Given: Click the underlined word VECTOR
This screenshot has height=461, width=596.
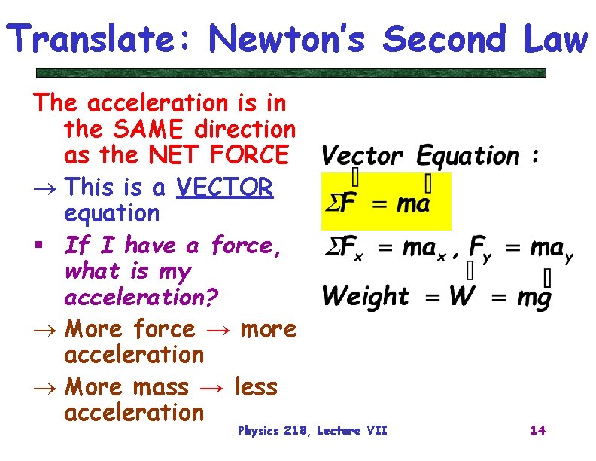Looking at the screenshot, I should (224, 187).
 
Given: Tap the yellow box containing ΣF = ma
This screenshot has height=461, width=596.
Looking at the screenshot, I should (385, 200).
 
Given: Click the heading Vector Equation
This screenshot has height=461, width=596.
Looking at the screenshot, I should (420, 156).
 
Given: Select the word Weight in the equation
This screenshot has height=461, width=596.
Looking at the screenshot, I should (366, 296).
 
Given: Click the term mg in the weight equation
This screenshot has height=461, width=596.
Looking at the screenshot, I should (534, 297).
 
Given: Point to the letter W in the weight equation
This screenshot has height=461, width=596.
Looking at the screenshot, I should (461, 296).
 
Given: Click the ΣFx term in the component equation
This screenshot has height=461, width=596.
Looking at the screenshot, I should (343, 249).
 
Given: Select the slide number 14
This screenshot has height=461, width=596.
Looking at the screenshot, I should (537, 430).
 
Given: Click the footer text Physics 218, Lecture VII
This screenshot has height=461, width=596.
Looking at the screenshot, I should (312, 430).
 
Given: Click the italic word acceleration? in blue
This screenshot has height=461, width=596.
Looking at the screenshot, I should (141, 298).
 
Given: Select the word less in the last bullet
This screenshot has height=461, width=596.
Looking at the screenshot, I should (256, 387).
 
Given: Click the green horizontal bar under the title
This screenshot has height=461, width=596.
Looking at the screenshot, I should (291, 73).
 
